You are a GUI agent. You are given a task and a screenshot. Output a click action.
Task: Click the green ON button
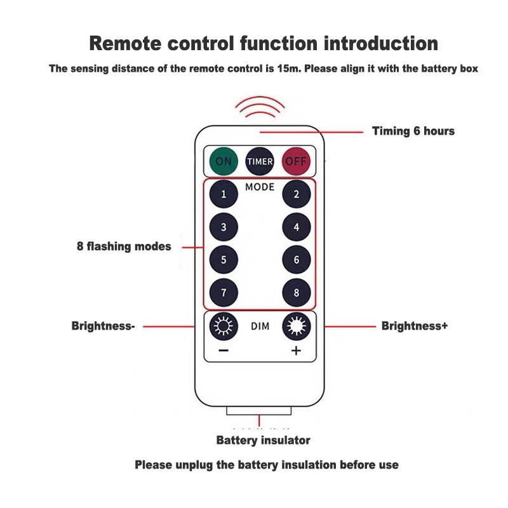[x=224, y=161]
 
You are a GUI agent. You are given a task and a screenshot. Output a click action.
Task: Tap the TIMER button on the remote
[x=260, y=161]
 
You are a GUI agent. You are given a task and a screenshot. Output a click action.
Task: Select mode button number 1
[x=224, y=194]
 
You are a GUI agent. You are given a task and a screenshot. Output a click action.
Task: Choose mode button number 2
[x=297, y=194]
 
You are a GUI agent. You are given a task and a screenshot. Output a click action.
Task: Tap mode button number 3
[x=224, y=227]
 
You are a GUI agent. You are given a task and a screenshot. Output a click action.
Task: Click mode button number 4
[x=297, y=227]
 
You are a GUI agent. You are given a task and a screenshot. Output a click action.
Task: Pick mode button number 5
[x=224, y=260]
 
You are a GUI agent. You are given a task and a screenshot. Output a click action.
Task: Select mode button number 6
[x=297, y=260]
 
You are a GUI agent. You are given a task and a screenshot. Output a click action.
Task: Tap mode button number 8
[x=297, y=293]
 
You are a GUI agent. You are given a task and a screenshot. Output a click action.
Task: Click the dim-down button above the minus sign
[x=224, y=326]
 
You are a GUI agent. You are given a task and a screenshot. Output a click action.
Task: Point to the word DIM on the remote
[x=260, y=326]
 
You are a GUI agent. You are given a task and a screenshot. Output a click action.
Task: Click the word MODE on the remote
[x=260, y=187]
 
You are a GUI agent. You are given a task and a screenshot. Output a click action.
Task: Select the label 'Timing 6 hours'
[x=413, y=131]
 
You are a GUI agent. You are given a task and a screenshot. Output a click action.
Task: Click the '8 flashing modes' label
[x=124, y=246]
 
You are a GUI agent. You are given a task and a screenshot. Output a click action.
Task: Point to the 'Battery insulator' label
[x=263, y=440]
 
